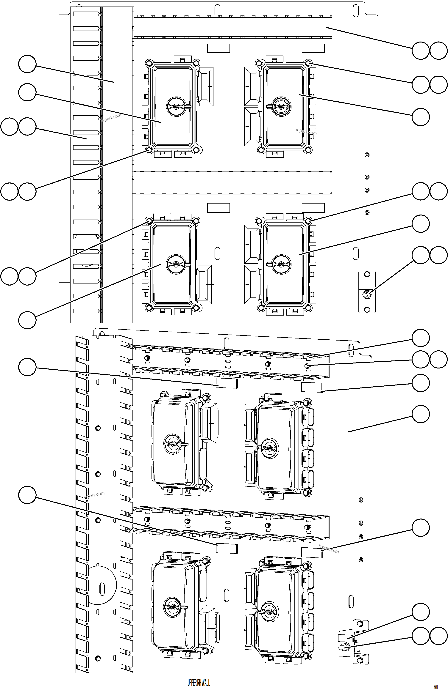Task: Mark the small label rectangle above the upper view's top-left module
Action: [x=218, y=48]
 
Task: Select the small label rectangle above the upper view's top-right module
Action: [x=313, y=48]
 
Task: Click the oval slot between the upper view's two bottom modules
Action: [x=217, y=253]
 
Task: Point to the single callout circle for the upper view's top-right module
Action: [x=420, y=117]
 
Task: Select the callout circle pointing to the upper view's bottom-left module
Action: [x=27, y=320]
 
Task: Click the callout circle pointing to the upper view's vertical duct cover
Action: [x=27, y=64]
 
